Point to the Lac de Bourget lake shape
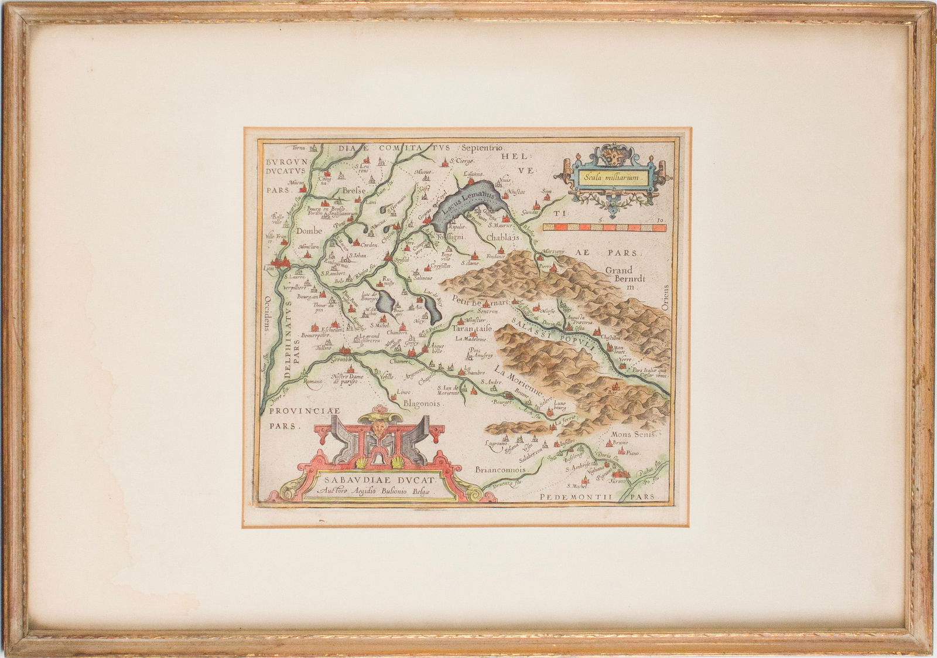pyautogui.click(x=385, y=303)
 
